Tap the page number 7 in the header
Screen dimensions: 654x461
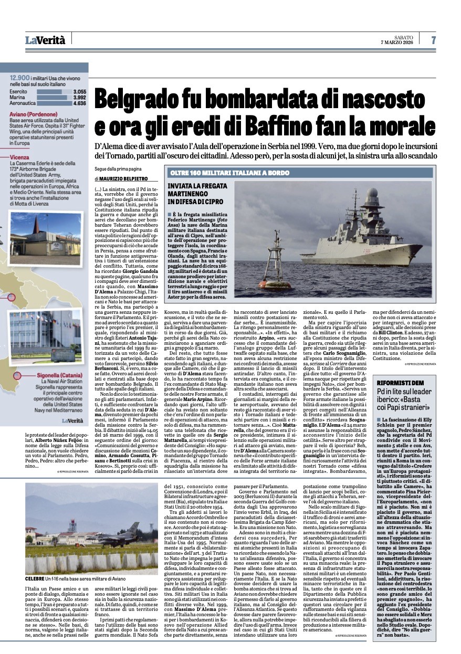[434, 40]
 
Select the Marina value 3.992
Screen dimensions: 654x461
[79, 97]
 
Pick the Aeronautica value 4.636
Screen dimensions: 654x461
[79, 103]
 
